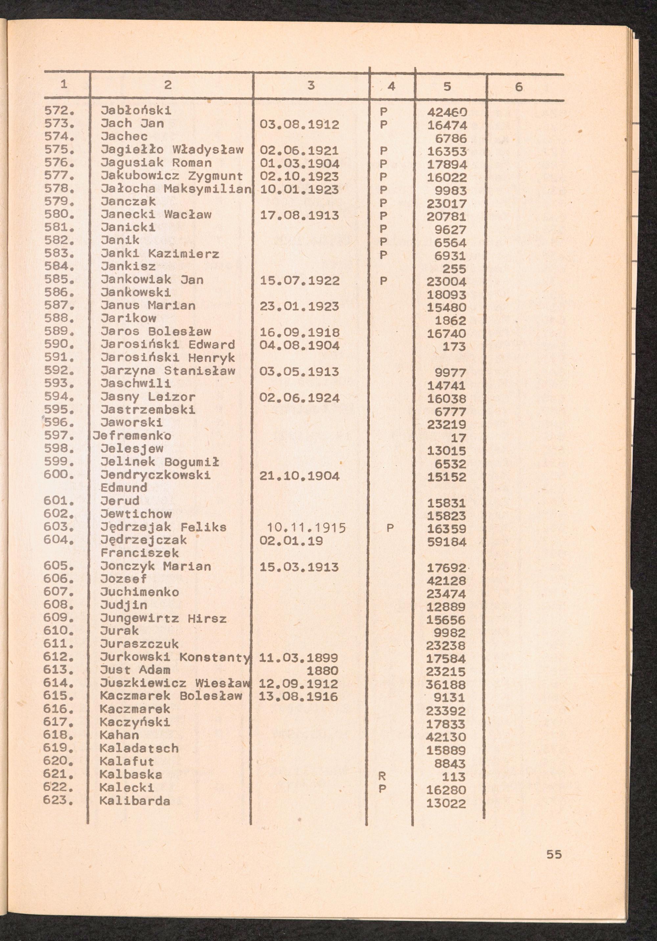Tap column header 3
click(x=311, y=85)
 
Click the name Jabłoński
click(x=136, y=111)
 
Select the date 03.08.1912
click(x=299, y=124)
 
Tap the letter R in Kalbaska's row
click(x=382, y=776)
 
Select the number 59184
click(x=447, y=542)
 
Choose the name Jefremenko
click(x=132, y=436)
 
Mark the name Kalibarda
click(x=134, y=801)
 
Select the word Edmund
click(x=124, y=488)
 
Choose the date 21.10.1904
click(x=299, y=476)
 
